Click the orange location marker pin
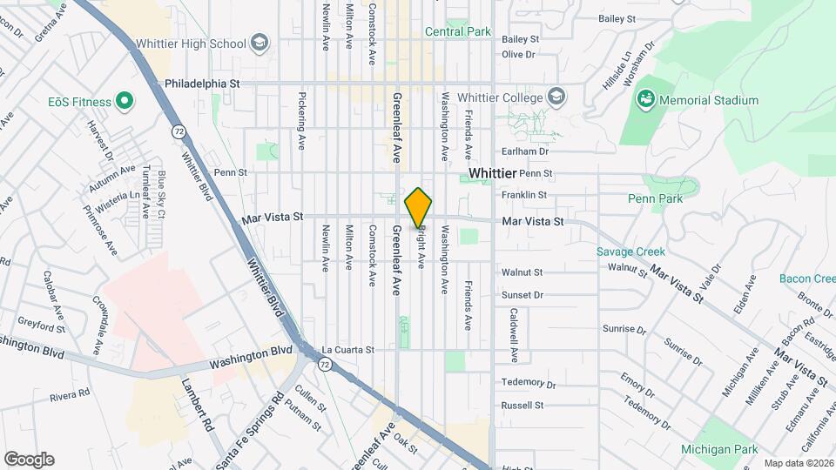pos(419,207)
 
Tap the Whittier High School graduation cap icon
pos(259,44)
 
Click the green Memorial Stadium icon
pos(645,100)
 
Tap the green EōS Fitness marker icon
pos(124,102)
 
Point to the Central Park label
pos(458,32)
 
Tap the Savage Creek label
pos(630,252)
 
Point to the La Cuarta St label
pos(347,350)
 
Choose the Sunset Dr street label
pos(522,295)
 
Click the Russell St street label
pos(522,406)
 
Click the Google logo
pos(29,460)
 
